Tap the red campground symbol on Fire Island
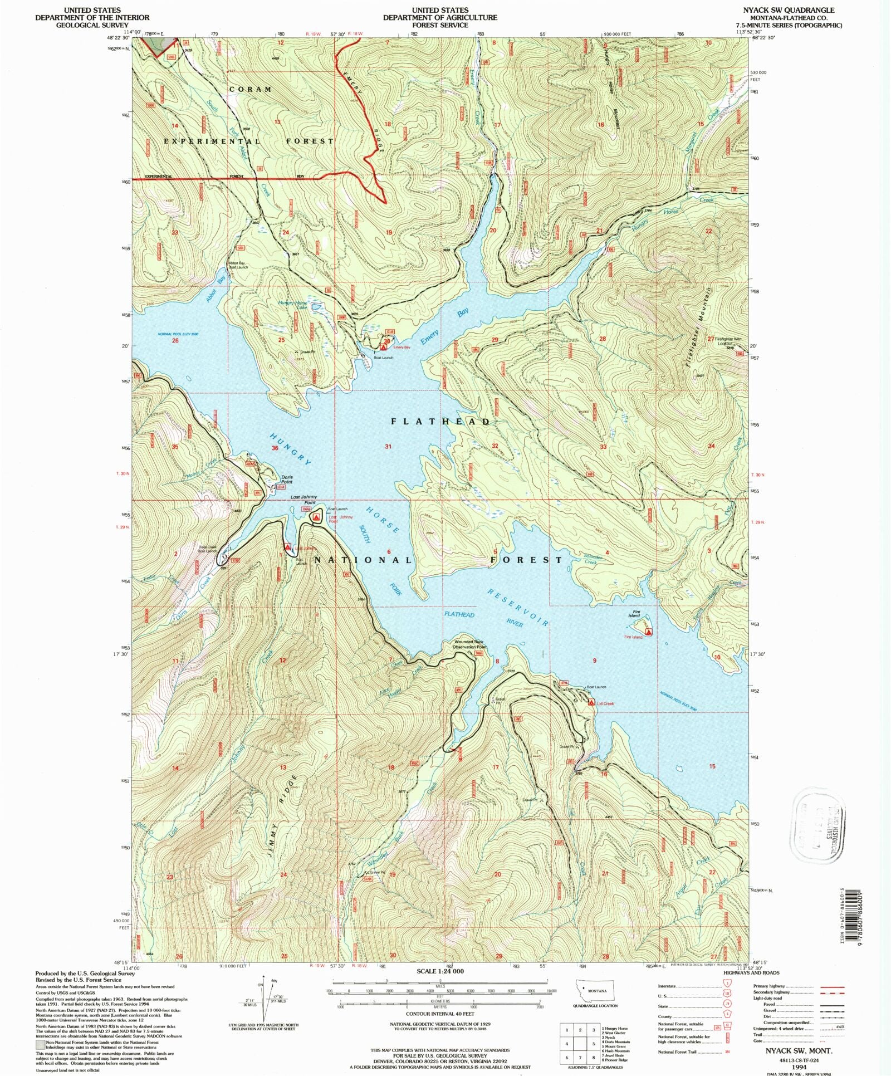point(648,633)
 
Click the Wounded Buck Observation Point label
point(471,644)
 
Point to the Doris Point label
point(287,479)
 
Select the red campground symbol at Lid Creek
point(591,703)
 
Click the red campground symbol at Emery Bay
point(383,347)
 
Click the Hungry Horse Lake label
point(293,305)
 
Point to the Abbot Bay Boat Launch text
point(238,265)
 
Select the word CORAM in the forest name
point(251,89)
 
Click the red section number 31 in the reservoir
point(388,446)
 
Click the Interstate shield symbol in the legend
point(727,986)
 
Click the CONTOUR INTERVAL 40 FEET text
point(440,1014)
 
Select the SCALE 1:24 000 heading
point(440,971)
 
